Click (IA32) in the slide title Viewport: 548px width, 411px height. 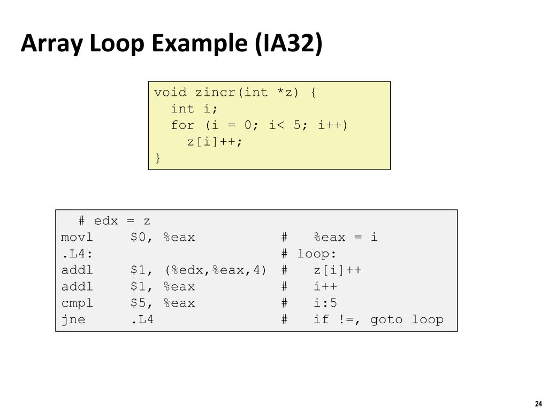289,44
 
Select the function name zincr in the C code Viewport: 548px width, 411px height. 216,93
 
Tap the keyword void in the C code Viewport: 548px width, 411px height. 170,93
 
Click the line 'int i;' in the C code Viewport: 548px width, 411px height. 195,109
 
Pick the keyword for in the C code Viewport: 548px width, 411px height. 182,125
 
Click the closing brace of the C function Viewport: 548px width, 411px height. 157,157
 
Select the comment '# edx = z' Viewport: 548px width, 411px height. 114,220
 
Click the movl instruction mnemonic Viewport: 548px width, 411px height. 77,237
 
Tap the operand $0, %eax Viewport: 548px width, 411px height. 163,237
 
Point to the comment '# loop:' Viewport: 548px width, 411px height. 313,254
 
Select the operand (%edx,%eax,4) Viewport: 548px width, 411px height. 215,270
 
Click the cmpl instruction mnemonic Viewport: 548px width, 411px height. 77,303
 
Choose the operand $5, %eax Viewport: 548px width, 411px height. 163,303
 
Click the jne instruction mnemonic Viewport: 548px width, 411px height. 73,320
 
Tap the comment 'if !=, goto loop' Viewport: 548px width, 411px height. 379,320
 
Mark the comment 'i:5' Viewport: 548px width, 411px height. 326,303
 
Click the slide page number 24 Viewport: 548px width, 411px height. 538,404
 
